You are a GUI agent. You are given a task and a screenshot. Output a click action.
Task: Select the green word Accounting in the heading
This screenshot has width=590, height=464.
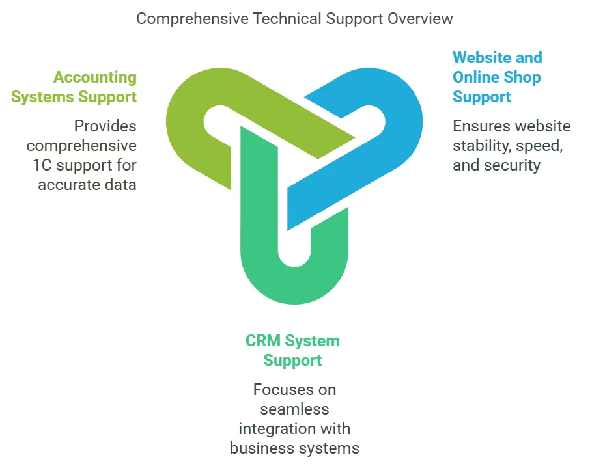coord(95,77)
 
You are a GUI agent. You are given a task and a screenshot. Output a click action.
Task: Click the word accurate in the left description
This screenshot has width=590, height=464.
coord(68,185)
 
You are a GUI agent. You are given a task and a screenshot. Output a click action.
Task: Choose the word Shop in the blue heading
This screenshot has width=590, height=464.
coord(523,77)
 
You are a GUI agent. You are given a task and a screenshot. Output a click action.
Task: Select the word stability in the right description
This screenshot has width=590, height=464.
coord(479,146)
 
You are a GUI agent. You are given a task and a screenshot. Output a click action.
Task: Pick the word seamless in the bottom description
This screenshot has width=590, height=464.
coord(294,409)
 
